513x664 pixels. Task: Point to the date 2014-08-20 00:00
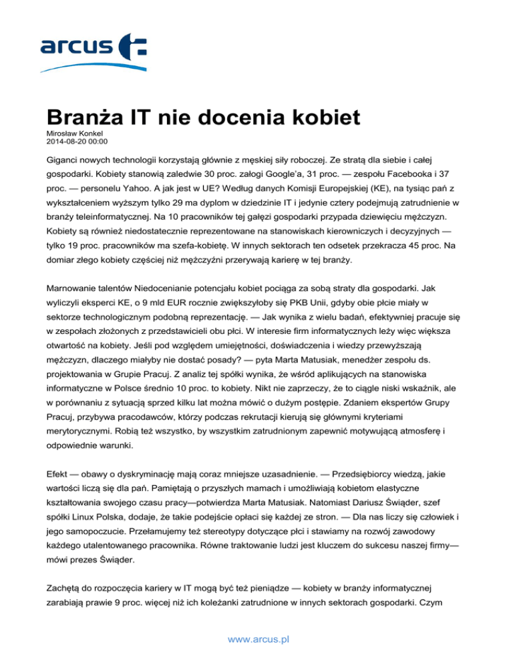(77, 142)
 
